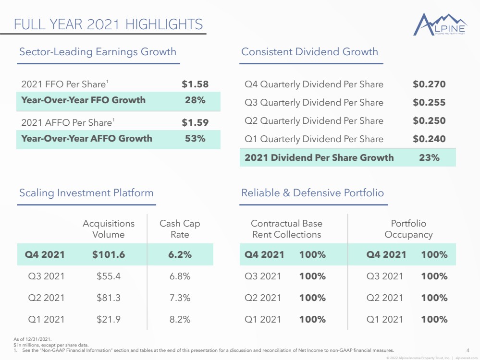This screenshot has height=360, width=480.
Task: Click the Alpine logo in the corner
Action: point(440,24)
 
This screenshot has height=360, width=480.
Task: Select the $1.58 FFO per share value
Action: point(195,84)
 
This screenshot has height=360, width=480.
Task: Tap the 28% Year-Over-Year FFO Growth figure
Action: point(195,100)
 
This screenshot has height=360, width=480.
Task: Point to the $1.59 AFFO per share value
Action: point(195,122)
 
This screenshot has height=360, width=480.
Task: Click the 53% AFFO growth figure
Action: point(195,138)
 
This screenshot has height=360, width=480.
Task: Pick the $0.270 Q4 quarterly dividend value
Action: point(429,84)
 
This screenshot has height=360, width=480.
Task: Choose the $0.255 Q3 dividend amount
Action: point(429,102)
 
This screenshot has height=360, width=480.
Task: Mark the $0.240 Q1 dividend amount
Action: point(429,139)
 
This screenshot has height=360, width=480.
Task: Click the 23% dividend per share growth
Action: point(429,157)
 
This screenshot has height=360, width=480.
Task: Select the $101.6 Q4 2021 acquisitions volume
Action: point(109,254)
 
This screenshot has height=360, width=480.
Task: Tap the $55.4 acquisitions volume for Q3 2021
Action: point(109,276)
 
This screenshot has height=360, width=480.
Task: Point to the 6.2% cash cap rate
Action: point(180,254)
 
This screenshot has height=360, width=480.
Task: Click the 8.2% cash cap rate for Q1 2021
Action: point(180,319)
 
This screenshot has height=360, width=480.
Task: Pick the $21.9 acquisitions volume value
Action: point(109,319)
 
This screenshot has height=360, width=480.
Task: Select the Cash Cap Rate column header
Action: point(180,229)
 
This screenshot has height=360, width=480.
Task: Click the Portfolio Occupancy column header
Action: point(409,229)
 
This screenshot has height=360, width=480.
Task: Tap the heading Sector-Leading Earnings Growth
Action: point(98,52)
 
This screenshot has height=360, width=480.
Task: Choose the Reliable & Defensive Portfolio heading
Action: point(312,192)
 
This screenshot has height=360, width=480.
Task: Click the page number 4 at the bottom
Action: point(468,350)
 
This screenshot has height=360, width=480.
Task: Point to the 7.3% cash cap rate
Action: point(180,298)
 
